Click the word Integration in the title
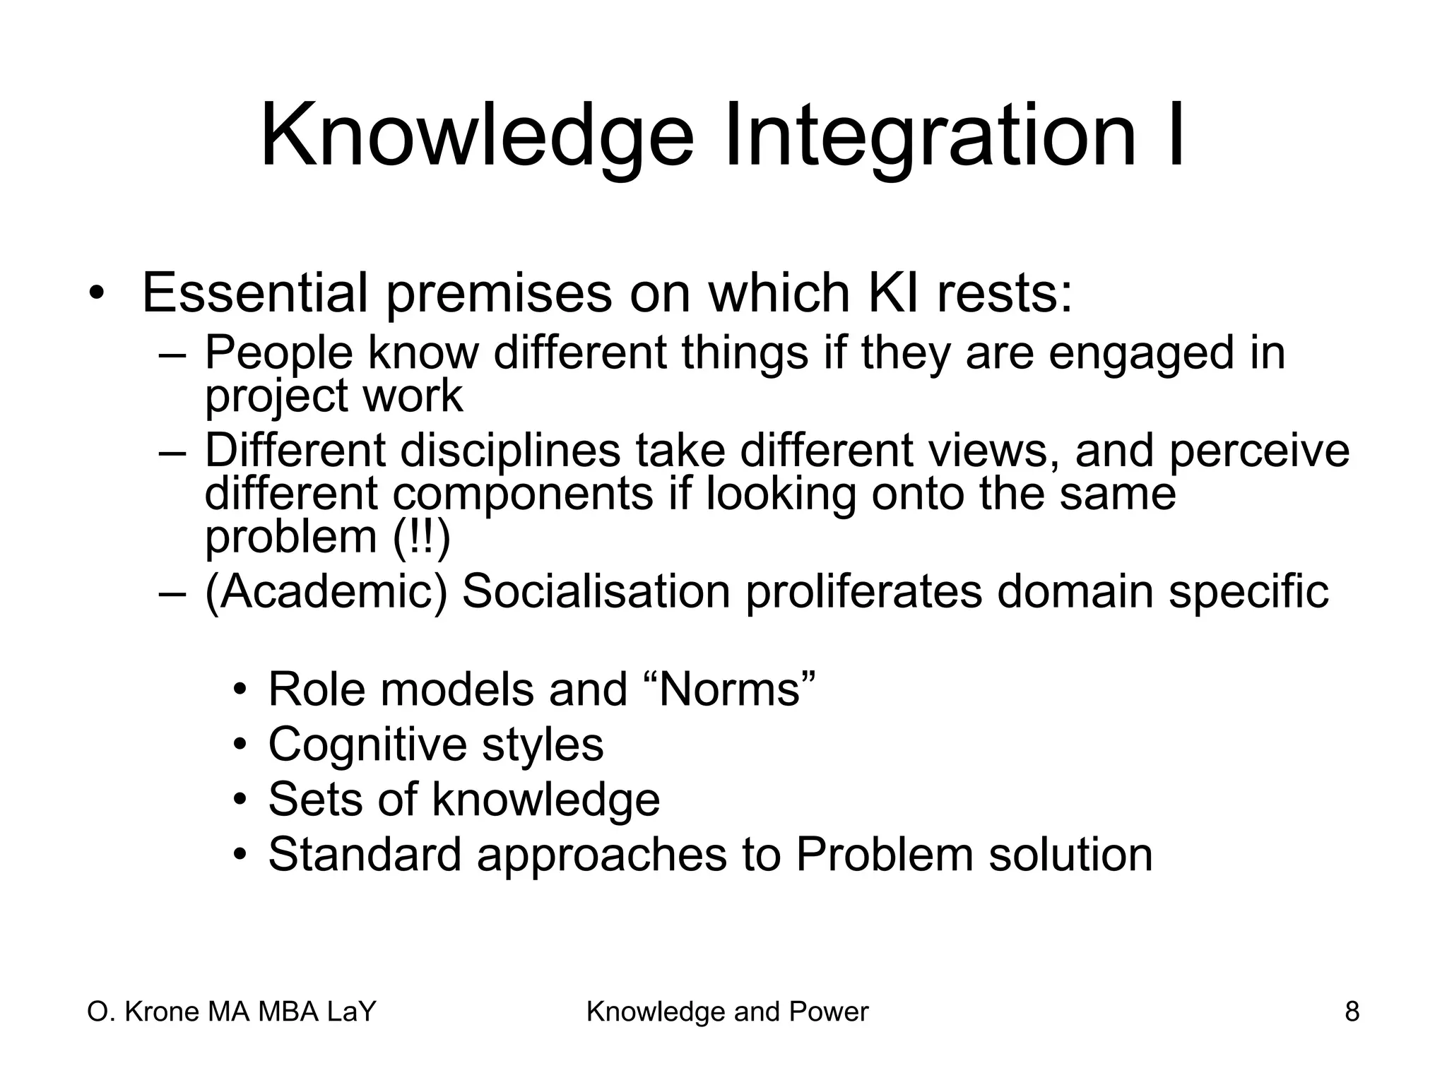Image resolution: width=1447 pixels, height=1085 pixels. tap(925, 136)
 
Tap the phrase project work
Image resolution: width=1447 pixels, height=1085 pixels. tap(333, 396)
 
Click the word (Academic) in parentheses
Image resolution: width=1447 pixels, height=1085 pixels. tap(326, 592)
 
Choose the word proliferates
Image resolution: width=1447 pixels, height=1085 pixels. tap(863, 592)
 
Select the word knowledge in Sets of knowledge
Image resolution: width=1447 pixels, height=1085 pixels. tap(545, 800)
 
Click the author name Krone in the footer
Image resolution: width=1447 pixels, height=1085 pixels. tap(163, 1012)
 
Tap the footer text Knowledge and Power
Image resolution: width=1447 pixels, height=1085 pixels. tap(727, 1012)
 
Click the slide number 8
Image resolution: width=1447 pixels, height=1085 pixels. tap(1352, 1012)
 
